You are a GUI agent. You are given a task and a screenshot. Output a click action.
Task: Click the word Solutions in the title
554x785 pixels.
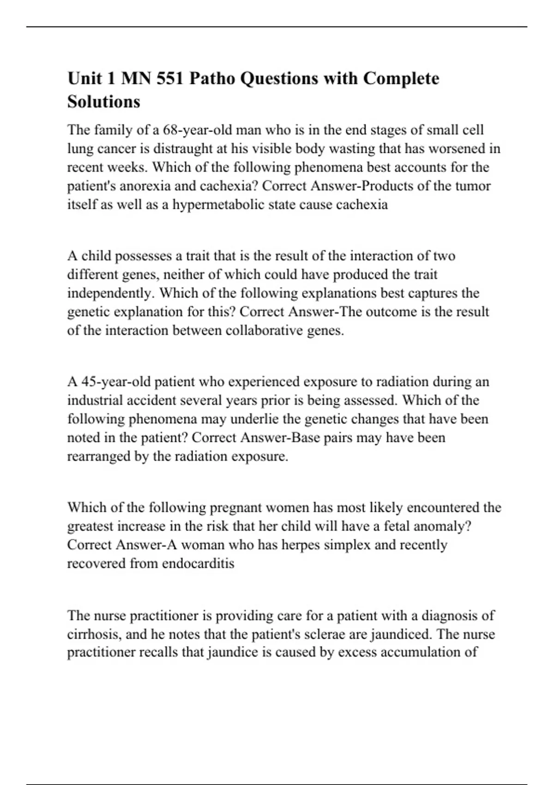104,102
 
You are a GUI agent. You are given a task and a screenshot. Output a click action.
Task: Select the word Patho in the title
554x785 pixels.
211,78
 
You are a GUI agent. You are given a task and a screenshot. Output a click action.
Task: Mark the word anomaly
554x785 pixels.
444,526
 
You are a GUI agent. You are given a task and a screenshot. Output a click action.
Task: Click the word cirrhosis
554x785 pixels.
93,634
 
